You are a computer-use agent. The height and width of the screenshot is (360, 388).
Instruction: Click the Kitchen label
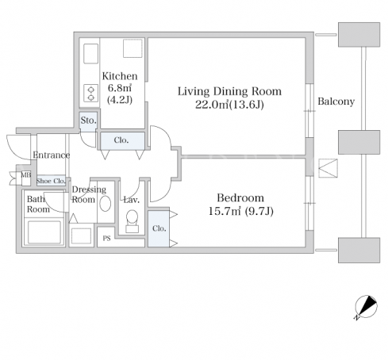pos(120,76)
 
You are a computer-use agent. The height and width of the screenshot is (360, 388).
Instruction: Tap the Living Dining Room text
pos(229,91)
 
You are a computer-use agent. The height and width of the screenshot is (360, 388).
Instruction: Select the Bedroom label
pos(240,197)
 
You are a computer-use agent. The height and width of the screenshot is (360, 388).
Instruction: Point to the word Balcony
pos(336,101)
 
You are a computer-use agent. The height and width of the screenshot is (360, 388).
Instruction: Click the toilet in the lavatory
pos(132,221)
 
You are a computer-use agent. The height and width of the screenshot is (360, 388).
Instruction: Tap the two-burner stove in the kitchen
pos(90,93)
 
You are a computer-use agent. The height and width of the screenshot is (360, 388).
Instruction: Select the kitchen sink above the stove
pos(90,53)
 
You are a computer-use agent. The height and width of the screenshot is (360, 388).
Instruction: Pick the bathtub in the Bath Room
pos(44,232)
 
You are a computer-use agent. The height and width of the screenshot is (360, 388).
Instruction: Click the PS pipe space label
pos(106,239)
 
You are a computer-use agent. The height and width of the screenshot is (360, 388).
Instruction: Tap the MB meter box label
pos(25,175)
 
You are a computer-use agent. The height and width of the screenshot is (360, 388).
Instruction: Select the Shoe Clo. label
pos(51,181)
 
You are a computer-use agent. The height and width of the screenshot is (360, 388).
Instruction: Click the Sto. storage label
pos(88,121)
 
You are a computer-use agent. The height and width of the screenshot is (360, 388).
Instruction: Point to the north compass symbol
pos(366,307)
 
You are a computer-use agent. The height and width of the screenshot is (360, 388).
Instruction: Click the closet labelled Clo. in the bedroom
pos(159,228)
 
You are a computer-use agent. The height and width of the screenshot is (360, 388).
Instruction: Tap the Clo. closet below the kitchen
pos(122,140)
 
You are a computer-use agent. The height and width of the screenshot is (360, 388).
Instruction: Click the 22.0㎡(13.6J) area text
pos(229,105)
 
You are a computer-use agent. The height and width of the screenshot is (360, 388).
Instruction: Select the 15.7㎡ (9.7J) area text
pos(240,211)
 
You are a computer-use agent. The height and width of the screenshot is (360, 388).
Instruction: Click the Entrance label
pos(52,155)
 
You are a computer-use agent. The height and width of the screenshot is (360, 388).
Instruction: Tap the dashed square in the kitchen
pos(133,48)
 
